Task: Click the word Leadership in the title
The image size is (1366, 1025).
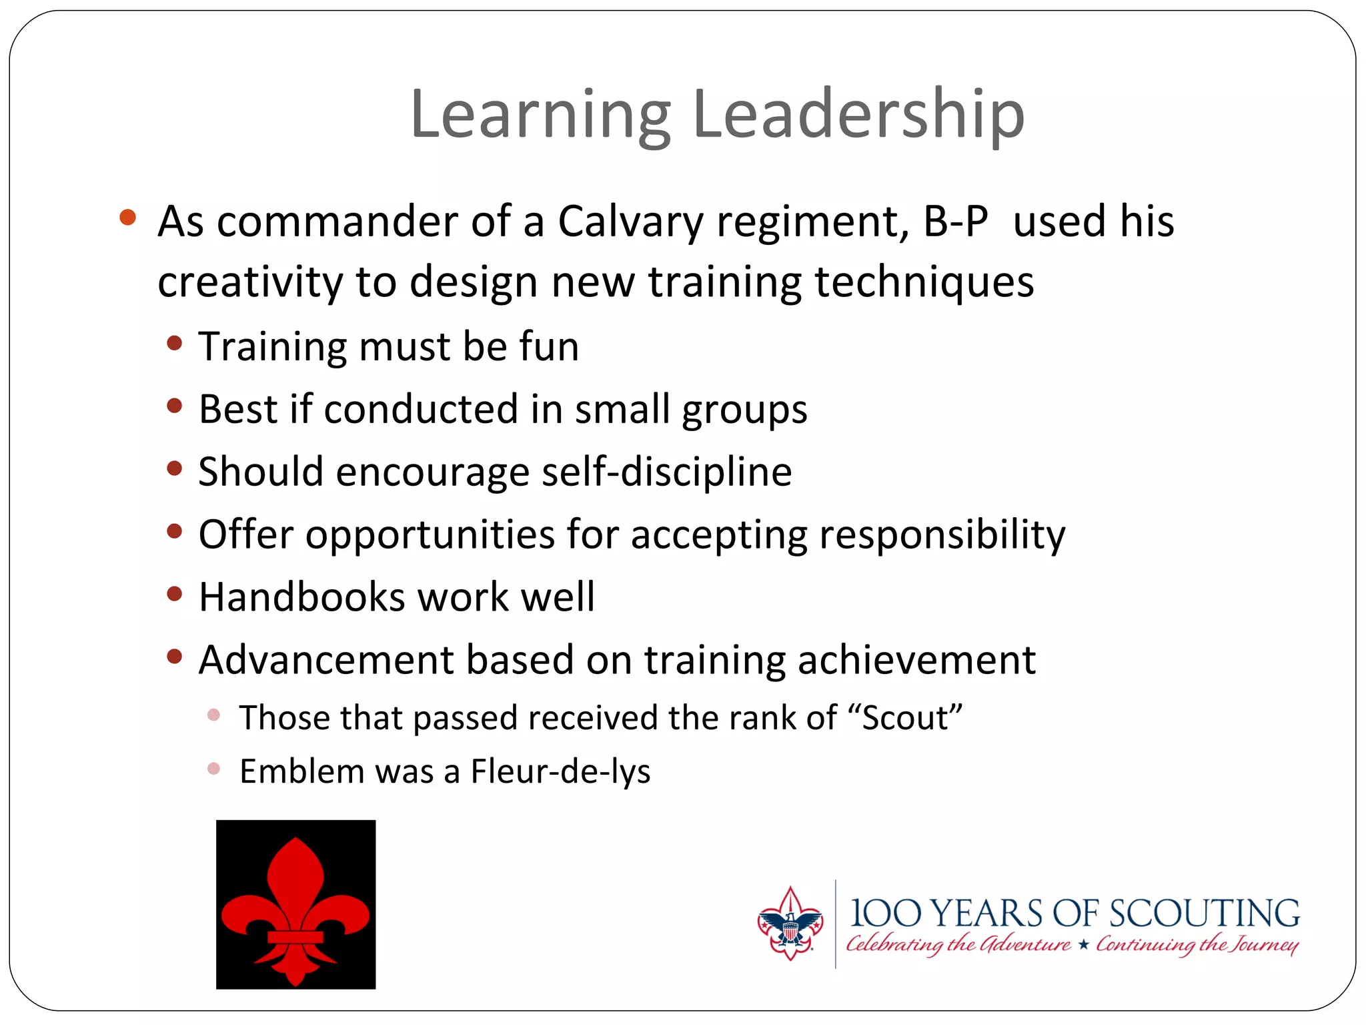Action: pos(858,115)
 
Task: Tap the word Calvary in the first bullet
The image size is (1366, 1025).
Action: pos(630,222)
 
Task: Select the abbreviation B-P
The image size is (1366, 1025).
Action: pos(955,222)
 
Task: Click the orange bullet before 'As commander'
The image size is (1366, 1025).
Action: pos(127,218)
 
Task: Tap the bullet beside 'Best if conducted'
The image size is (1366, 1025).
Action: pos(175,406)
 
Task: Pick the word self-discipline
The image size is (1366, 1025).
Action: pos(666,472)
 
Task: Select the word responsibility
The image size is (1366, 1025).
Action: pos(942,535)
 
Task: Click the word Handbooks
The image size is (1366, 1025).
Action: pos(301,597)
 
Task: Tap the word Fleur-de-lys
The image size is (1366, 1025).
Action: pos(560,772)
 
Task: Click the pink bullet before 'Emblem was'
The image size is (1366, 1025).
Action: pos(213,769)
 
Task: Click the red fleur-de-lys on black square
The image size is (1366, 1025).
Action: pos(295,904)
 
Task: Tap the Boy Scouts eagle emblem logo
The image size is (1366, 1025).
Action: pos(790,924)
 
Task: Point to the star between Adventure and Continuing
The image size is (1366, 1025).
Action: pos(1084,944)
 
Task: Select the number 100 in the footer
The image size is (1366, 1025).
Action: pos(886,914)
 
